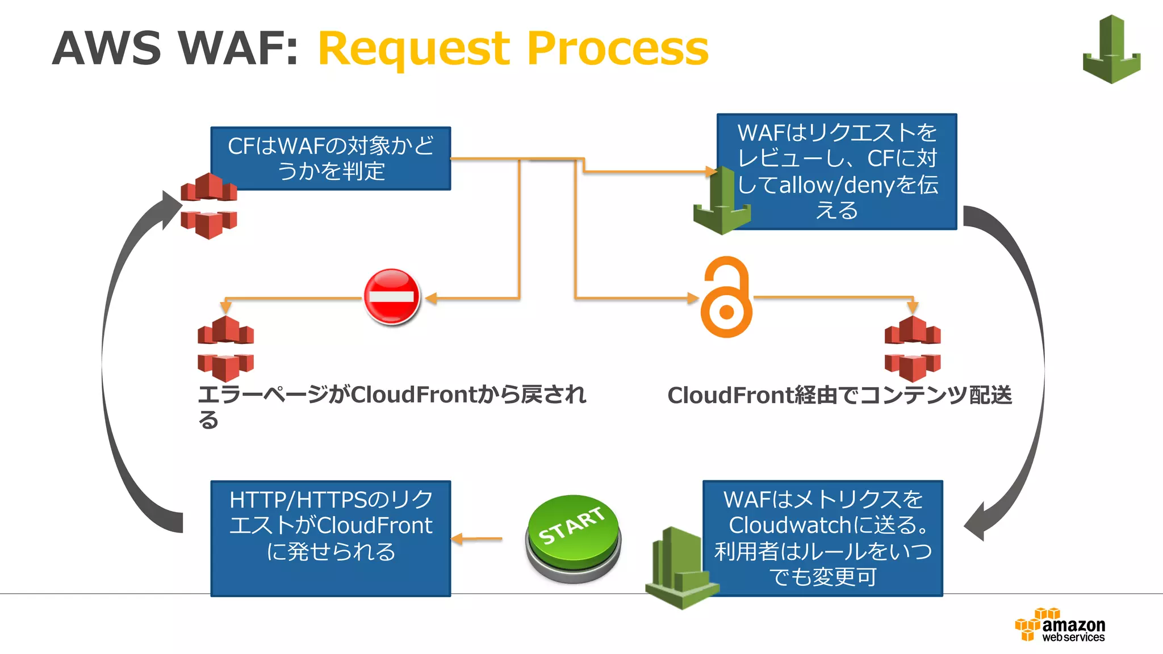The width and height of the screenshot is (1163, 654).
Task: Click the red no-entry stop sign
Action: (x=392, y=296)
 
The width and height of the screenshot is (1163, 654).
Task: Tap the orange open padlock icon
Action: (x=726, y=297)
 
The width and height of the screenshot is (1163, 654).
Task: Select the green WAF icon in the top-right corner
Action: (x=1111, y=50)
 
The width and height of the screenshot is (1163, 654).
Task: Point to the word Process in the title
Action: (x=617, y=49)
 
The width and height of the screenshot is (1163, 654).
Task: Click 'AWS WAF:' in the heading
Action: (x=175, y=49)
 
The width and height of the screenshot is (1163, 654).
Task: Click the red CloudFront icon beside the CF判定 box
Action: (x=208, y=206)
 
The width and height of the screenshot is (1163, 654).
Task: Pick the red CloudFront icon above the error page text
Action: (x=225, y=349)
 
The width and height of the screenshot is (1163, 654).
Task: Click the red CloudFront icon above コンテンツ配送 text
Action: (x=912, y=349)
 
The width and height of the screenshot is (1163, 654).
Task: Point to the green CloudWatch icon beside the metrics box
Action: (x=680, y=568)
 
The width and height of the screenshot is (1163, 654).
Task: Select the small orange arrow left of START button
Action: (x=477, y=539)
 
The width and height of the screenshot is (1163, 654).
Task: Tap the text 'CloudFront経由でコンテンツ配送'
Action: (x=839, y=395)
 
